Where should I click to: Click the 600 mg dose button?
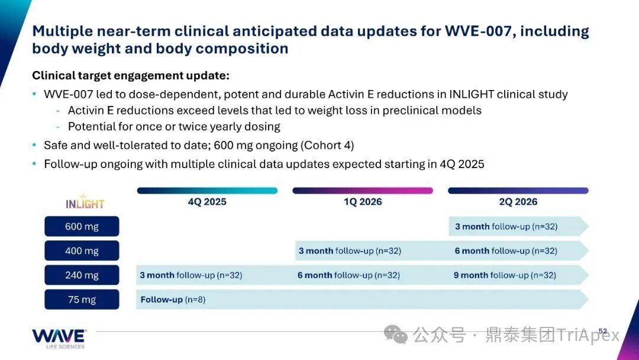(x=82, y=226)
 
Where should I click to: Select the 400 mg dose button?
(x=82, y=250)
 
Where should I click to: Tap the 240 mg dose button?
(x=82, y=275)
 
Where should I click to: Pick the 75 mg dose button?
(x=82, y=300)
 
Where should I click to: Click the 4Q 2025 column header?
(x=207, y=202)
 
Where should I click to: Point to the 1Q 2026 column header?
(x=363, y=202)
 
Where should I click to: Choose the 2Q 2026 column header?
(x=518, y=202)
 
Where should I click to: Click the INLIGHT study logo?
(x=85, y=202)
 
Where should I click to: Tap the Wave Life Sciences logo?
(x=59, y=339)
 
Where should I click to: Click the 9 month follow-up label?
(x=505, y=275)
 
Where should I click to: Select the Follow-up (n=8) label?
(x=173, y=300)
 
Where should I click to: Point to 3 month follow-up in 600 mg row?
(x=506, y=227)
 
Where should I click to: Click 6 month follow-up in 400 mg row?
(x=506, y=251)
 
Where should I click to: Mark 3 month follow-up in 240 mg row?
(x=191, y=275)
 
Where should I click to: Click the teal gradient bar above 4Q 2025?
(x=207, y=191)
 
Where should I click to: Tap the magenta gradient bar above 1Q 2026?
(x=363, y=191)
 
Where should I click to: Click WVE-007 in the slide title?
(x=477, y=31)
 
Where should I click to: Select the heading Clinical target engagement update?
(x=131, y=76)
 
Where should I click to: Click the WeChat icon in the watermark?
(x=395, y=335)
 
